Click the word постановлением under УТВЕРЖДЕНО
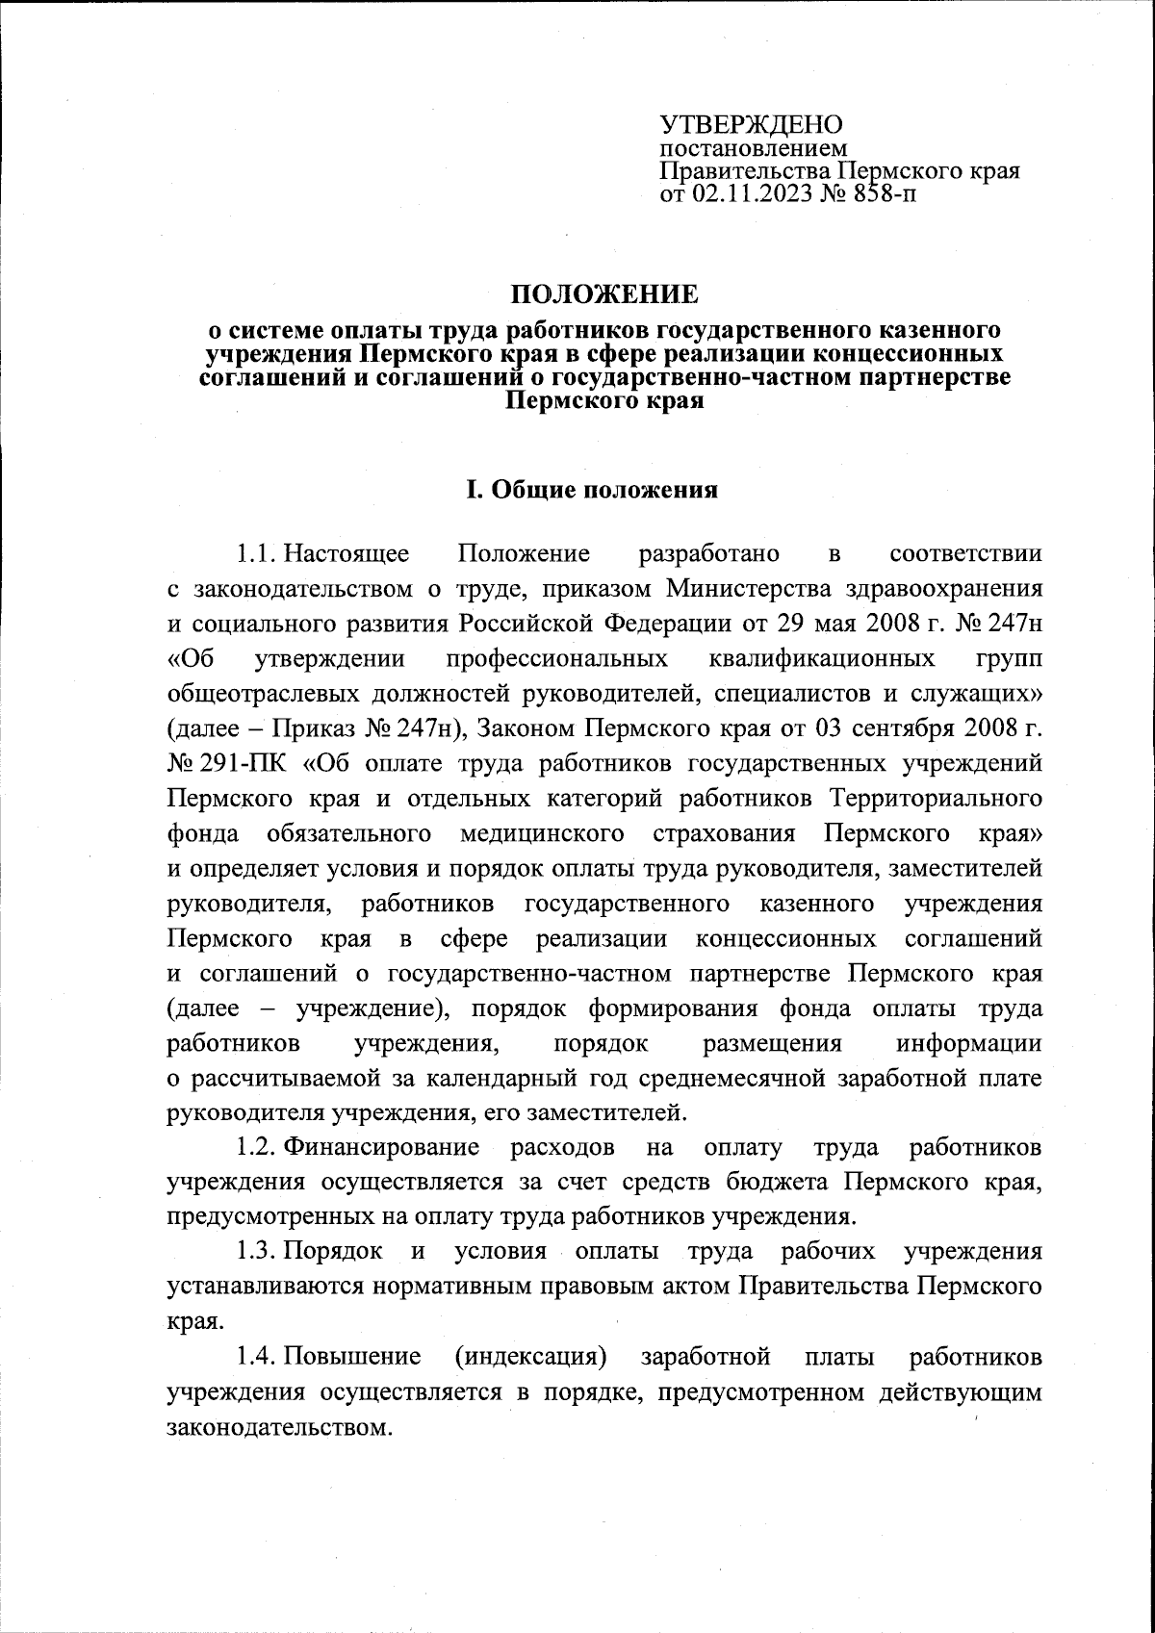753,149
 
